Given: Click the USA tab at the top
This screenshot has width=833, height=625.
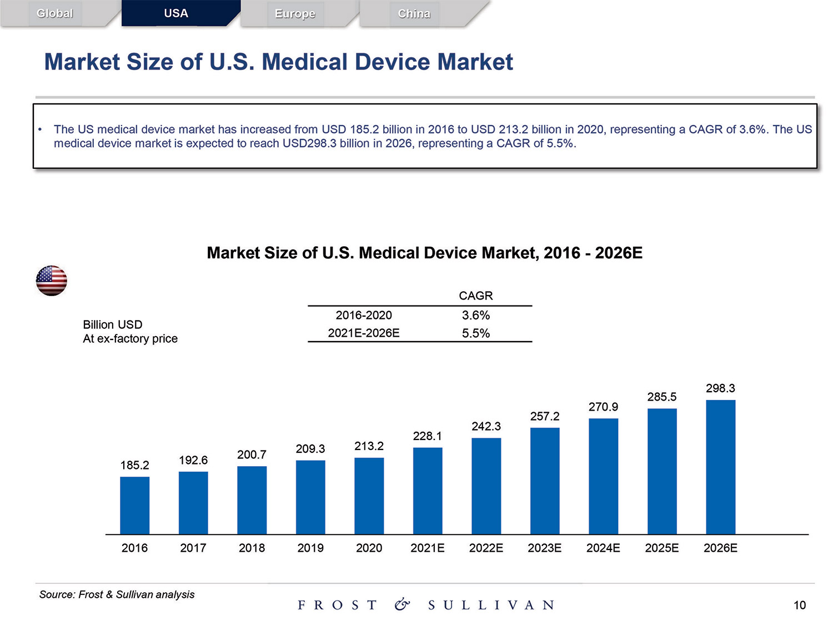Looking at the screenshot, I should pyautogui.click(x=176, y=13).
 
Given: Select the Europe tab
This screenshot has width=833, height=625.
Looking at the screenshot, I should pyautogui.click(x=295, y=14).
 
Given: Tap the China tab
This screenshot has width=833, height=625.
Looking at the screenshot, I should pyautogui.click(x=414, y=14).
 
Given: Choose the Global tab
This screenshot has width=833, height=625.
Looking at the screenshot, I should pyautogui.click(x=54, y=13).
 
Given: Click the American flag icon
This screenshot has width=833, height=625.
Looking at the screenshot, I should pyautogui.click(x=52, y=281).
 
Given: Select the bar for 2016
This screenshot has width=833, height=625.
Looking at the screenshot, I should pyautogui.click(x=134, y=505).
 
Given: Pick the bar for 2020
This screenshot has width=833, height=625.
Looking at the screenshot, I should pyautogui.click(x=369, y=496).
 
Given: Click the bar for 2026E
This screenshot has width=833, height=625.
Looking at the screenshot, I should pyautogui.click(x=720, y=467).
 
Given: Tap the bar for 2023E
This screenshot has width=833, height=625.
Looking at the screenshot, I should pyautogui.click(x=545, y=481).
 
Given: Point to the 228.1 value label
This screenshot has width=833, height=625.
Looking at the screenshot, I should pyautogui.click(x=427, y=436).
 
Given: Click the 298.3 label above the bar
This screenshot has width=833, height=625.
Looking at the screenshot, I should pyautogui.click(x=720, y=388).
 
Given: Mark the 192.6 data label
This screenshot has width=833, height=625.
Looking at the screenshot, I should pyautogui.click(x=193, y=460).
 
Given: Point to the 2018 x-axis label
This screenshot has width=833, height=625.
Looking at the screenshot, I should pyautogui.click(x=252, y=548).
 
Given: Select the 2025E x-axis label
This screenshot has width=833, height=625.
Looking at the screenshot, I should pyautogui.click(x=661, y=548).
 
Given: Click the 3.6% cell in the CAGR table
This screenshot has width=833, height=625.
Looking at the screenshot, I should pyautogui.click(x=476, y=316).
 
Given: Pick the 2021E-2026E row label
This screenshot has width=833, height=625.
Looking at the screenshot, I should pyautogui.click(x=364, y=333).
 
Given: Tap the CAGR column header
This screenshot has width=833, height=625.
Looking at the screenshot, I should pyautogui.click(x=476, y=296).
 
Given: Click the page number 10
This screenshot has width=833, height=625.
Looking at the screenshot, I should pyautogui.click(x=799, y=605).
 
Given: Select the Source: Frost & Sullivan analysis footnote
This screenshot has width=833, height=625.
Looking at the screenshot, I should pyautogui.click(x=117, y=594).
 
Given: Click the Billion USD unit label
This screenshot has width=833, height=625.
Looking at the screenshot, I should pyautogui.click(x=113, y=324).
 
